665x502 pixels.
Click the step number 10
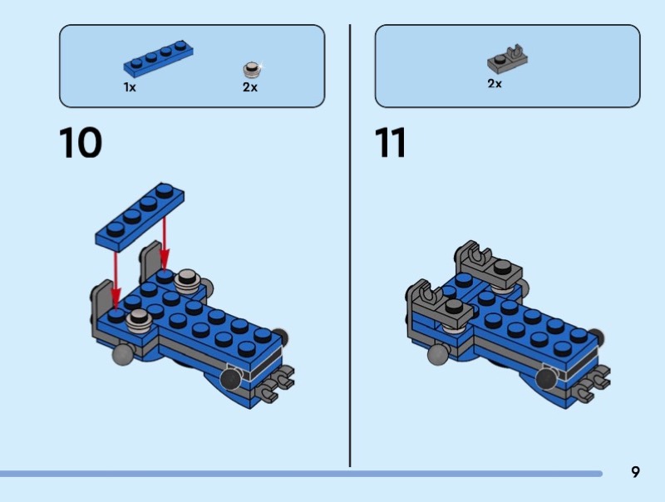tap(81, 142)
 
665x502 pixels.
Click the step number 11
tap(390, 142)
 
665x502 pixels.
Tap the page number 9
tap(635, 472)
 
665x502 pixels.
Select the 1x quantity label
tap(130, 87)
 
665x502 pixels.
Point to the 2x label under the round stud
tap(250, 87)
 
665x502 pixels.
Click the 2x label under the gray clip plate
tap(495, 83)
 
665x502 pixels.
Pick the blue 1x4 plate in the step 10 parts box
tap(158, 59)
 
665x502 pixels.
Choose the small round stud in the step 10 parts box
tap(252, 70)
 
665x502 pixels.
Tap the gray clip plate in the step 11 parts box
tap(508, 58)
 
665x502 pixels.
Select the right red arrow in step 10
tap(165, 244)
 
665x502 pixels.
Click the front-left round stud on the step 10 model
tap(139, 321)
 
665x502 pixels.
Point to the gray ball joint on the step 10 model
tap(123, 354)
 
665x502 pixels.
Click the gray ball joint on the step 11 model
tap(439, 354)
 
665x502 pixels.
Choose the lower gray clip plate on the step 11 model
tap(441, 303)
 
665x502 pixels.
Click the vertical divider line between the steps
tap(350, 245)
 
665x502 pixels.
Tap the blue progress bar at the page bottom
tap(301, 474)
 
